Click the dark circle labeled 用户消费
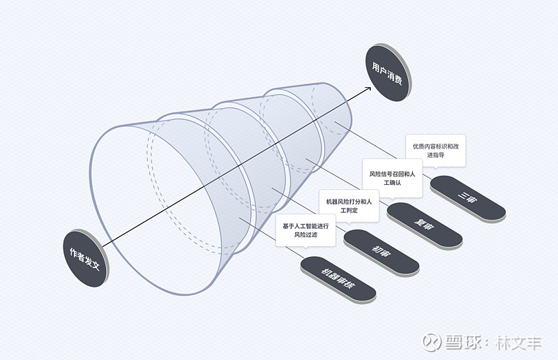point(388,73)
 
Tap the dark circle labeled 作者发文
point(84,259)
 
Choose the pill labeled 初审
point(381,252)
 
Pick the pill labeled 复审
point(425,225)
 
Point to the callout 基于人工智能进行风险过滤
point(306,230)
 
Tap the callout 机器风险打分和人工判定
point(349,206)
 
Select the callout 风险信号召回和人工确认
point(392,178)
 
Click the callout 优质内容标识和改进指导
point(435,150)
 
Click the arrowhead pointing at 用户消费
point(368,89)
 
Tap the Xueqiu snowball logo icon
point(431,342)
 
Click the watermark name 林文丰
point(518,343)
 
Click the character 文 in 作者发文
point(96,264)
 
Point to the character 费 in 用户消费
point(398,80)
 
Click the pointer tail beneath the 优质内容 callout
point(435,167)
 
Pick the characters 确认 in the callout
point(395,183)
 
